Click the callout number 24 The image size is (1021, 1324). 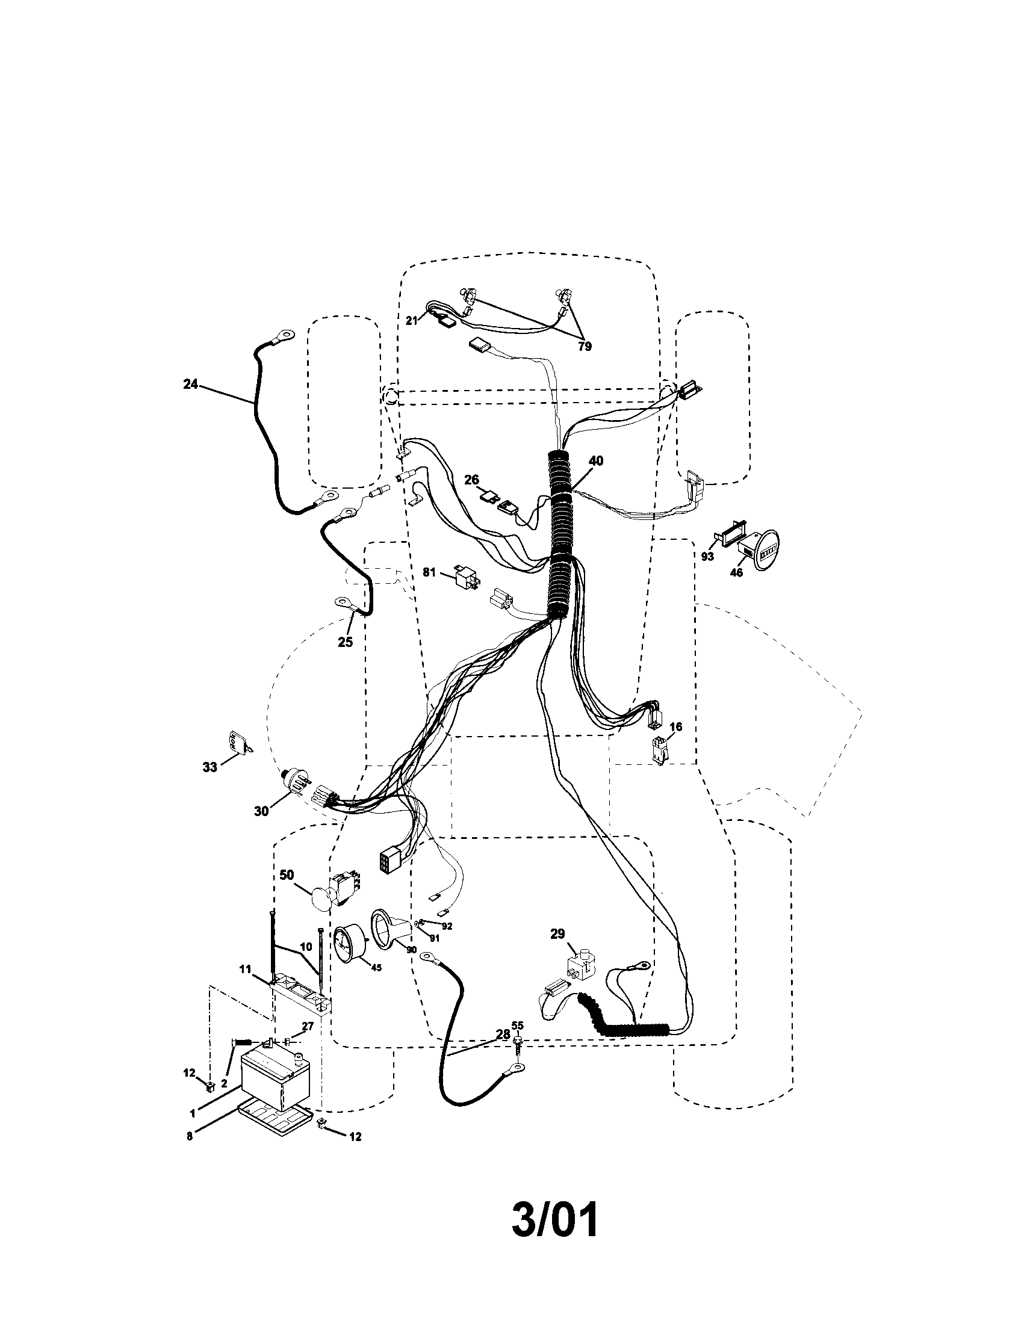(x=190, y=385)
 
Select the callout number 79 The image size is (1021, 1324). (x=585, y=347)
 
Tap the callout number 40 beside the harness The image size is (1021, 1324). (x=596, y=461)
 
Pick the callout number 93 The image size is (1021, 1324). (x=707, y=557)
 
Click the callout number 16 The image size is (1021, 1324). (x=675, y=726)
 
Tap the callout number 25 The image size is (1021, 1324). (x=345, y=642)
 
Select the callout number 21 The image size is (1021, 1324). (x=412, y=320)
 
